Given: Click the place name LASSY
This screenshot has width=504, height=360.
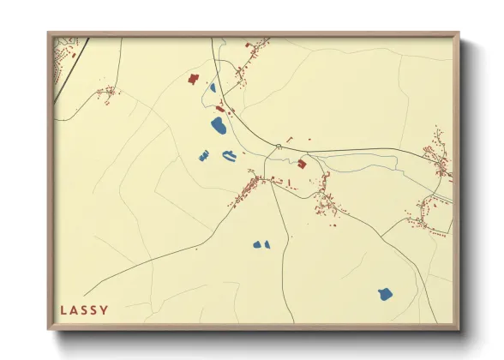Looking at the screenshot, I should click(x=84, y=309).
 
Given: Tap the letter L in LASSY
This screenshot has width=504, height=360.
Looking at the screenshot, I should click(x=63, y=309).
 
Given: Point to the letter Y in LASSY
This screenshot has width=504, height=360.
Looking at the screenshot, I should click(x=105, y=309).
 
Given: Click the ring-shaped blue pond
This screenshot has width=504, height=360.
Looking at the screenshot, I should click(x=230, y=155).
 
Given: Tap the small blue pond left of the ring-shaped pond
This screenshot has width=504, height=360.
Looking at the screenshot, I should click(x=204, y=155).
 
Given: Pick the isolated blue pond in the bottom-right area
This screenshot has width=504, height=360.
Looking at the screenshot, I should click(x=385, y=294).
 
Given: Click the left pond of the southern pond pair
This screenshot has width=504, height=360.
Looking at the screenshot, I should click(x=256, y=244).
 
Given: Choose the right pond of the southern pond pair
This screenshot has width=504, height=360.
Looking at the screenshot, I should click(x=266, y=243).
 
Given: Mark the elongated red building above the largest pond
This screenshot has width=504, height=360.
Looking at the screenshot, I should click(x=220, y=109).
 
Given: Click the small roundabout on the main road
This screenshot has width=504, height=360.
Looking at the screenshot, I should click(x=278, y=147).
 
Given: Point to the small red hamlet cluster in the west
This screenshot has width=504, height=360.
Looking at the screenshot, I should click(x=107, y=93).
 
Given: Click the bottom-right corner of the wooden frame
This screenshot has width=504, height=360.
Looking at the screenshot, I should click(x=459, y=329).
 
